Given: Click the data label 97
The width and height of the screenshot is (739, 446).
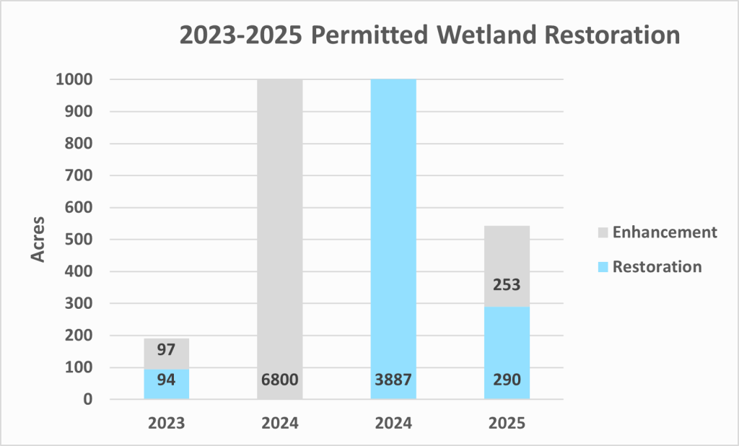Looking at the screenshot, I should click(167, 349).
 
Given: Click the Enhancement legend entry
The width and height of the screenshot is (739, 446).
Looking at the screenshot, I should click(664, 232).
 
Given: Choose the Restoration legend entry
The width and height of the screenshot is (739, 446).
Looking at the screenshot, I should click(657, 266).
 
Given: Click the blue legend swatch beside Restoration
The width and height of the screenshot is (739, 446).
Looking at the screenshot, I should click(603, 267).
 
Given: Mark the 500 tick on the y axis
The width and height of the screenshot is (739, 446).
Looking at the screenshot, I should click(79, 240).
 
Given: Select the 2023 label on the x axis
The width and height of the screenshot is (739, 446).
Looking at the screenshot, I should click(167, 423).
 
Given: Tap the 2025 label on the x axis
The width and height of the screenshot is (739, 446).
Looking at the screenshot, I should click(507, 423).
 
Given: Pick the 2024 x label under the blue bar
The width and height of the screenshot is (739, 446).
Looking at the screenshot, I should click(393, 423).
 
